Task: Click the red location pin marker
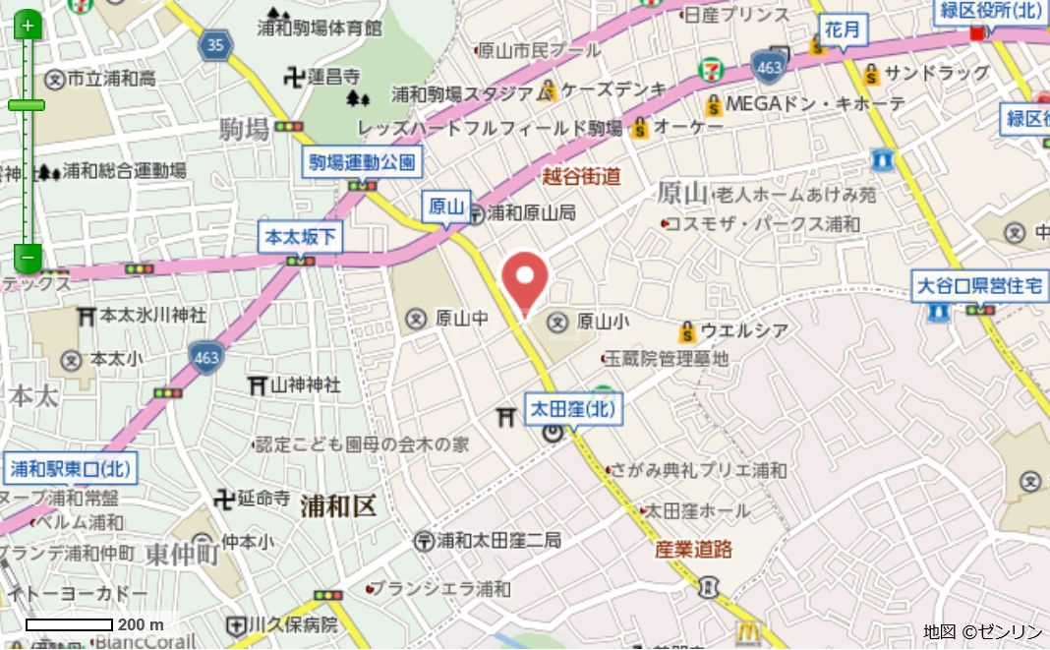click(x=525, y=278)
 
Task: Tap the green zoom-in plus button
click(x=28, y=25)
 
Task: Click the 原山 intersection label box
click(x=446, y=207)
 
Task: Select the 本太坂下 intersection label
click(x=301, y=237)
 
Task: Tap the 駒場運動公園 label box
click(x=363, y=162)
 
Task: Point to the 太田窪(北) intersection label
click(x=575, y=408)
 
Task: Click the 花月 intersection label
click(x=843, y=30)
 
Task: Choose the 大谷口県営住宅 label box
click(x=978, y=286)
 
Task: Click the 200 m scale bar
click(x=69, y=624)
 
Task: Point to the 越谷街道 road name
click(x=582, y=177)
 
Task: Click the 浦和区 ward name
click(x=339, y=506)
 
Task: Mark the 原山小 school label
click(x=602, y=320)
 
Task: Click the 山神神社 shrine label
click(x=305, y=384)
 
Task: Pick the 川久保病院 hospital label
click(x=294, y=624)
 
